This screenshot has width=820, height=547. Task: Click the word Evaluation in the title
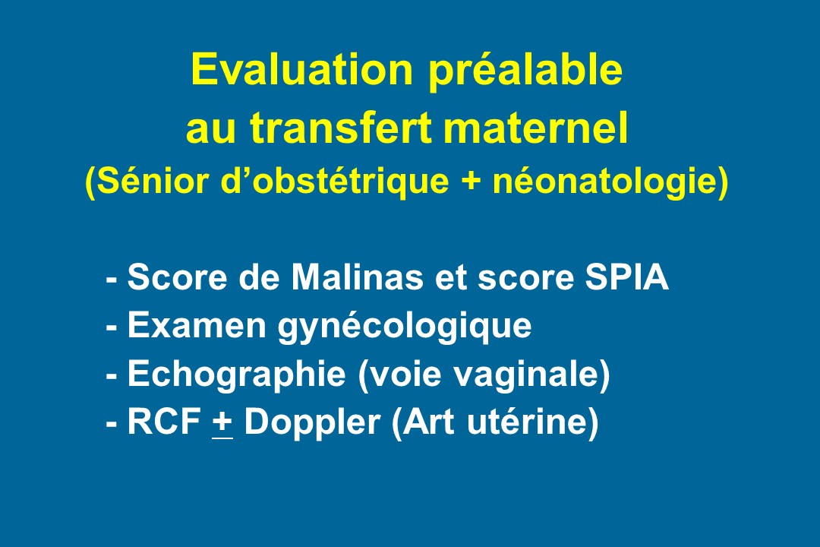pyautogui.click(x=302, y=69)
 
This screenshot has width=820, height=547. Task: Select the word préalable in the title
pyautogui.click(x=525, y=71)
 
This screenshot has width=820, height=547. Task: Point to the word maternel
pyautogui.click(x=535, y=128)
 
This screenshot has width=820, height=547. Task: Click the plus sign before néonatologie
pyautogui.click(x=471, y=182)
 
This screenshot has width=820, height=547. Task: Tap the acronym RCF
pyautogui.click(x=165, y=422)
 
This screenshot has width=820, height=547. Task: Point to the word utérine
pyautogui.click(x=528, y=422)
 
